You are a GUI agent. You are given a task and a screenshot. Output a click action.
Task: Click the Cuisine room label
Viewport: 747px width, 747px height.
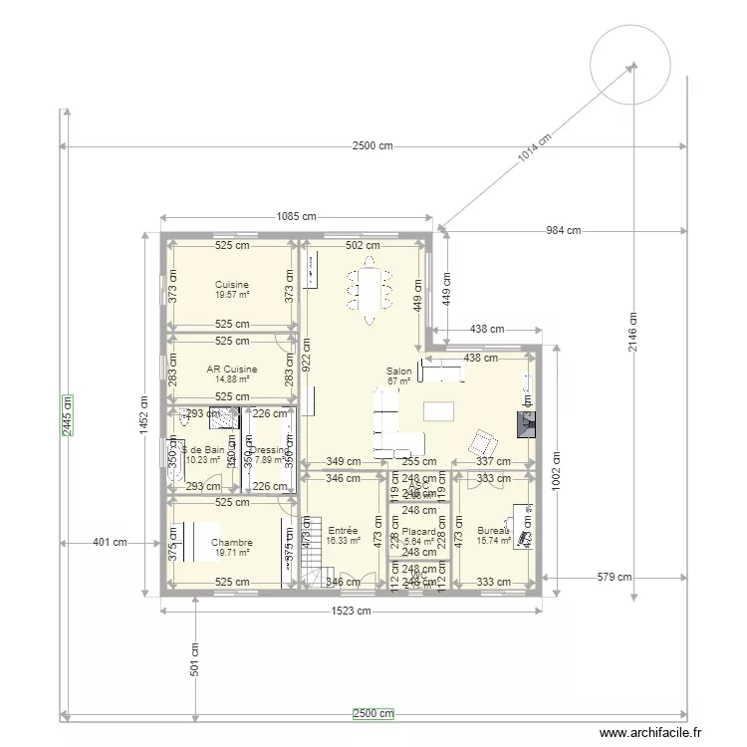(231, 285)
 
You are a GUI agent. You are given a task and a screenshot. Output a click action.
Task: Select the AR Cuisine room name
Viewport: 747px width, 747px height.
(231, 369)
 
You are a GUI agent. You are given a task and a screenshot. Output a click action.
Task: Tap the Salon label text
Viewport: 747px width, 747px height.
(398, 371)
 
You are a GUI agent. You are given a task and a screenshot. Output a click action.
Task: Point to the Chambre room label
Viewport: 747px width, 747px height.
(231, 543)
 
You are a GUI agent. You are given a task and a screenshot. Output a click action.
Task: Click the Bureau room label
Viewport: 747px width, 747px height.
(492, 531)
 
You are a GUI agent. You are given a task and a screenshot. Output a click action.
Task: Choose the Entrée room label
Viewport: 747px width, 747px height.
(343, 531)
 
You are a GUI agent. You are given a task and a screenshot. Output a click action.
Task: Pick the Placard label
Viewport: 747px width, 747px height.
(418, 532)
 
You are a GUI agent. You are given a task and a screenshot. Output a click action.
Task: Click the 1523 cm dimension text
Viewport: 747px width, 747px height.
(352, 612)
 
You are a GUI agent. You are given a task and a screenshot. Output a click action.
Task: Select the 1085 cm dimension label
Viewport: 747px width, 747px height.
(296, 216)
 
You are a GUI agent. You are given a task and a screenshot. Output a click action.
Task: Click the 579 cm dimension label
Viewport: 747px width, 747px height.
(616, 577)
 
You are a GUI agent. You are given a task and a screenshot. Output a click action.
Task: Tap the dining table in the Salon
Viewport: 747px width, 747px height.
(370, 291)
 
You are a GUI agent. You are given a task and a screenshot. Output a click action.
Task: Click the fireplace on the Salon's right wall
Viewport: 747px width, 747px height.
(526, 424)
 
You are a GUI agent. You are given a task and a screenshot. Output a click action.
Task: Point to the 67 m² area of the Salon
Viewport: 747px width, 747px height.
(398, 381)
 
